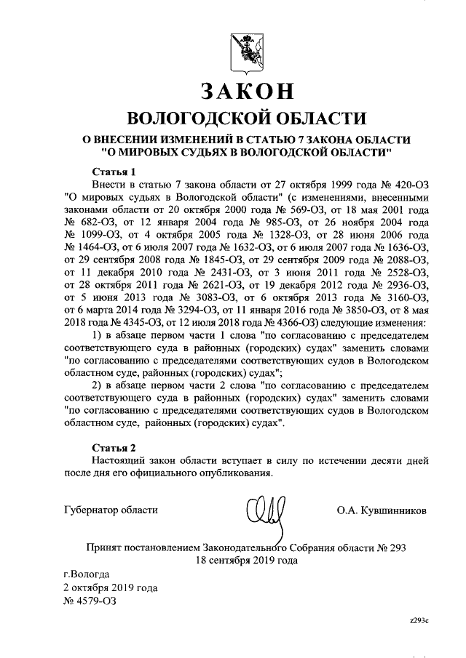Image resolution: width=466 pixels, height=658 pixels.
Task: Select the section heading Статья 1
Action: [115, 172]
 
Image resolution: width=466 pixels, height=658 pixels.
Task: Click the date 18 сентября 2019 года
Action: [245, 561]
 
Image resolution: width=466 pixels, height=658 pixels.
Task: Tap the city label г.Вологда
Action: [87, 574]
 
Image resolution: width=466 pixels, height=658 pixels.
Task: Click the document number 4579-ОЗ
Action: [90, 601]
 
